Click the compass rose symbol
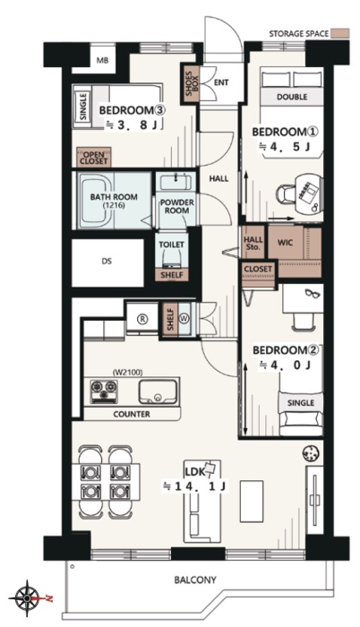click(26, 597)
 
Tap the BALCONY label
click(195, 580)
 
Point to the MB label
click(103, 61)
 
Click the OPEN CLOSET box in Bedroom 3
click(94, 158)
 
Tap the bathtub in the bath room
click(96, 200)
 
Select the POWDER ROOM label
click(176, 206)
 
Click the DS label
click(107, 262)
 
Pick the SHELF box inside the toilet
click(172, 274)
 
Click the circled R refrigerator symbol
click(142, 319)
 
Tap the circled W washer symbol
click(184, 319)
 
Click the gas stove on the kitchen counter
click(104, 391)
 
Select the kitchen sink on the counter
click(158, 391)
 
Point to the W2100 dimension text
click(128, 373)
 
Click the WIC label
click(285, 243)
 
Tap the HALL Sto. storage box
click(253, 243)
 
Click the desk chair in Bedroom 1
click(287, 193)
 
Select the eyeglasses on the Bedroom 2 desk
click(312, 294)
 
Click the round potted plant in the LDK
click(312, 453)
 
